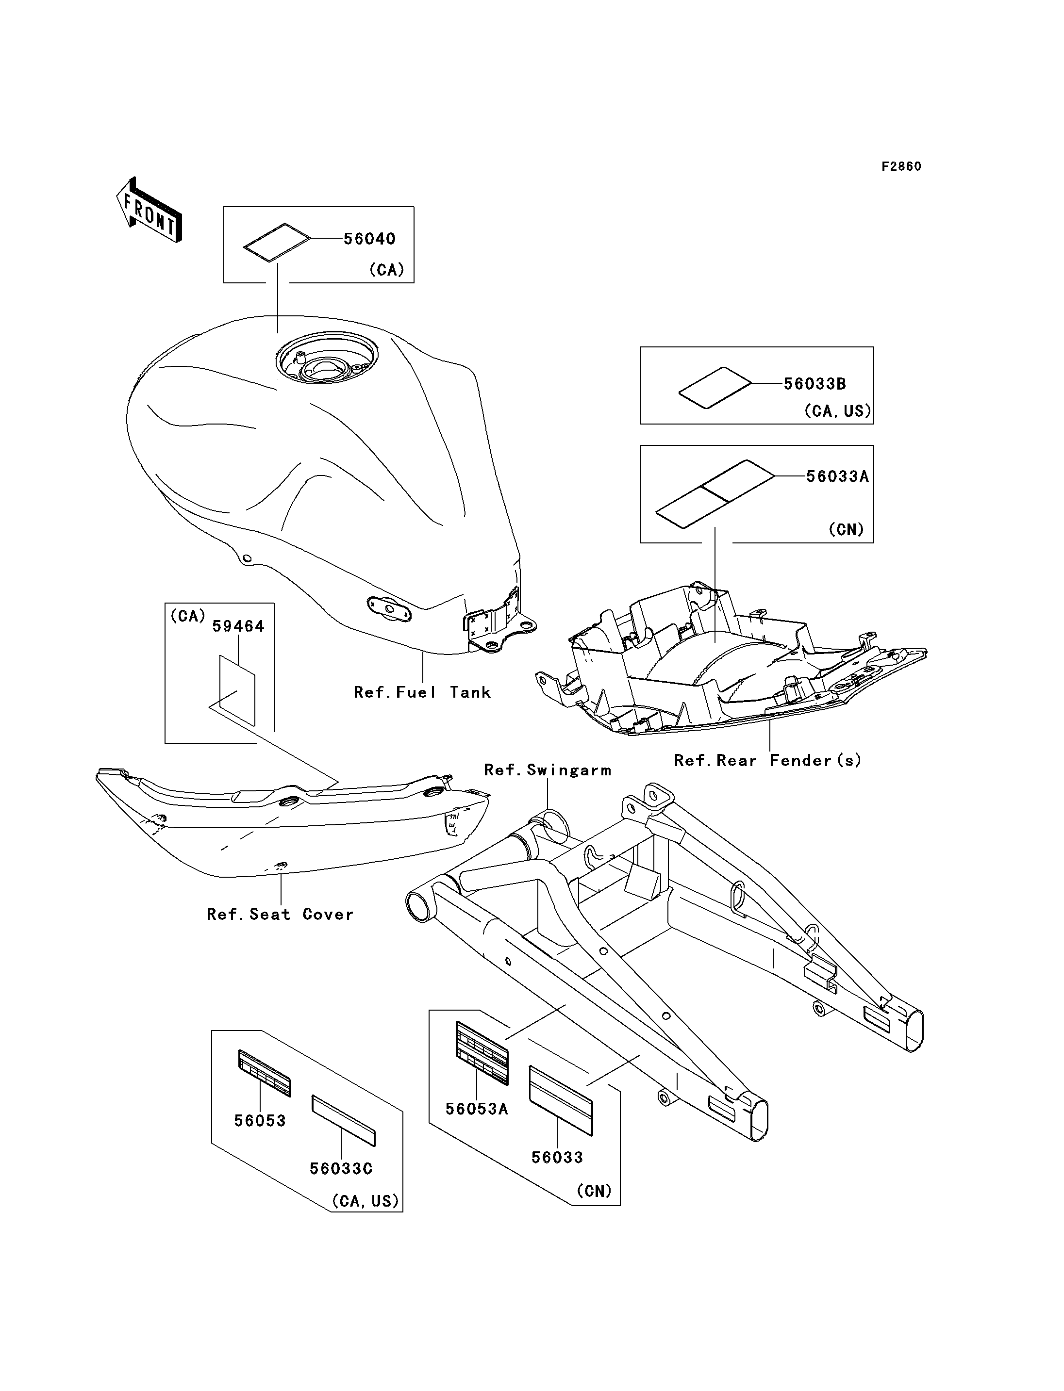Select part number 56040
369,239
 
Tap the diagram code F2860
901,166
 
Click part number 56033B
815,384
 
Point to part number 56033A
837,477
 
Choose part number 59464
238,626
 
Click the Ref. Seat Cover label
280,914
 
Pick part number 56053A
477,1109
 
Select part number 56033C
341,1168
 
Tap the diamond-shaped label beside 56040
277,242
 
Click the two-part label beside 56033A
715,493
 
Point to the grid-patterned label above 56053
265,1073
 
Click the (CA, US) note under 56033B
837,411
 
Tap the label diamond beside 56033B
715,387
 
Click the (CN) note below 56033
594,1191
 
